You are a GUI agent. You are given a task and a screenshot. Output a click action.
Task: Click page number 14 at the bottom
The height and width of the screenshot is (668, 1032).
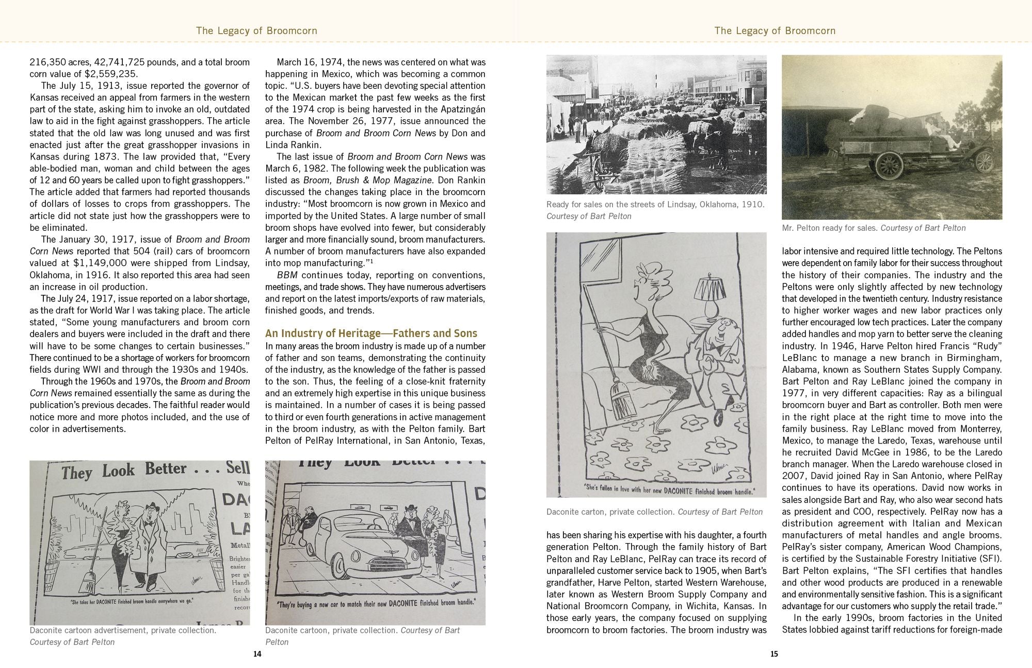pyautogui.click(x=257, y=654)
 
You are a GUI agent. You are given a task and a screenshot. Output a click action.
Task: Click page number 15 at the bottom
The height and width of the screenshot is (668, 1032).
pyautogui.click(x=773, y=654)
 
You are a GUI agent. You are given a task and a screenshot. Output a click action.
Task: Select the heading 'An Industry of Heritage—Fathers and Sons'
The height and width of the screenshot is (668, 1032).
pyautogui.click(x=371, y=333)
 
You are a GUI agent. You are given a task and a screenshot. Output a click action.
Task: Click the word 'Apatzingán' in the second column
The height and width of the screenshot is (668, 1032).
pyautogui.click(x=459, y=109)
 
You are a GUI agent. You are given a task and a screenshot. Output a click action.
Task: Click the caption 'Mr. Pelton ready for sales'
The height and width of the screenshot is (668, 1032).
pyautogui.click(x=830, y=228)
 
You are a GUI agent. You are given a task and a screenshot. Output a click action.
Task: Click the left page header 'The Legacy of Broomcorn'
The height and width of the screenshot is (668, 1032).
pyautogui.click(x=256, y=31)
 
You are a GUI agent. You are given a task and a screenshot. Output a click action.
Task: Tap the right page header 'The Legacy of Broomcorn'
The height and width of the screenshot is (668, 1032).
pyautogui.click(x=775, y=31)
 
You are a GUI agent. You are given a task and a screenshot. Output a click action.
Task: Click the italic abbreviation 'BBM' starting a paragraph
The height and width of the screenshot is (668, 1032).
pyautogui.click(x=287, y=275)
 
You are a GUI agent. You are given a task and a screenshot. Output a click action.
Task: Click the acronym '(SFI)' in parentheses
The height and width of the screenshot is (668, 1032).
pyautogui.click(x=991, y=559)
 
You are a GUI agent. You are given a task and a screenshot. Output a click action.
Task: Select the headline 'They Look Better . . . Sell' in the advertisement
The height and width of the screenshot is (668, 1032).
pyautogui.click(x=155, y=471)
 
